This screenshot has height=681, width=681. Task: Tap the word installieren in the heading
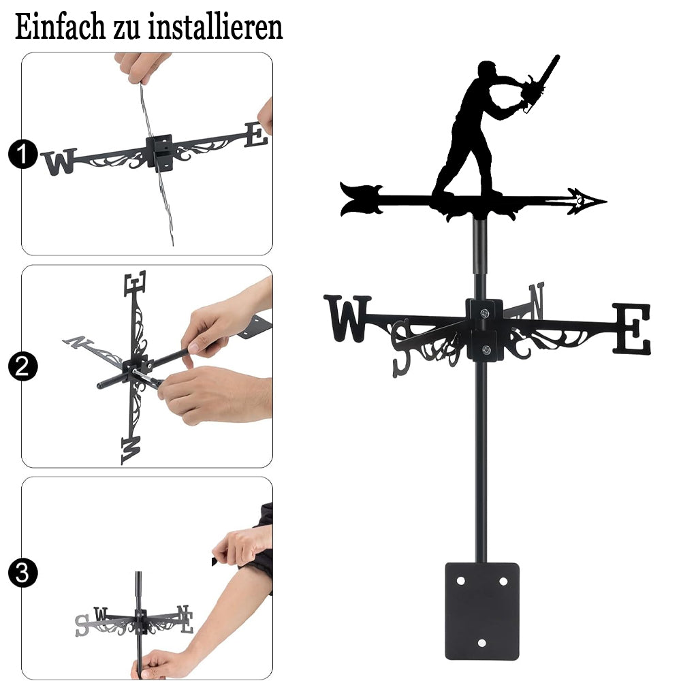click(215, 27)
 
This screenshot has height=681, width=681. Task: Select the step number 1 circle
click(22, 154)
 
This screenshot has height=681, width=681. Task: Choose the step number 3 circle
click(22, 573)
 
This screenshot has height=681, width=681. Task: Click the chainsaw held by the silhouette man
click(539, 84)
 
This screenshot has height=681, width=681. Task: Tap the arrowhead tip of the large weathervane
click(606, 201)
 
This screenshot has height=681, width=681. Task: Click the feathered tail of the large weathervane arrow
click(362, 200)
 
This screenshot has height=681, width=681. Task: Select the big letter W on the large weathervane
click(347, 318)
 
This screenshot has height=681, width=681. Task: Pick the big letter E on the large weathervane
click(631, 328)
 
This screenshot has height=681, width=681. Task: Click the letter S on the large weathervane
click(401, 347)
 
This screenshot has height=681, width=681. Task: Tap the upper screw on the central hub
click(484, 313)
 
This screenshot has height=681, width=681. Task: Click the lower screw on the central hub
click(486, 349)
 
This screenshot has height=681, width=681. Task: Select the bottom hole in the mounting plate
click(481, 643)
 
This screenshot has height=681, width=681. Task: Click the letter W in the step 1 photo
click(59, 161)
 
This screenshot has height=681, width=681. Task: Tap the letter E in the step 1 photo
click(255, 135)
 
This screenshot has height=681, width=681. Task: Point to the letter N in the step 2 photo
click(78, 342)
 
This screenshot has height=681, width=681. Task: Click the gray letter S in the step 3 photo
click(82, 625)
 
